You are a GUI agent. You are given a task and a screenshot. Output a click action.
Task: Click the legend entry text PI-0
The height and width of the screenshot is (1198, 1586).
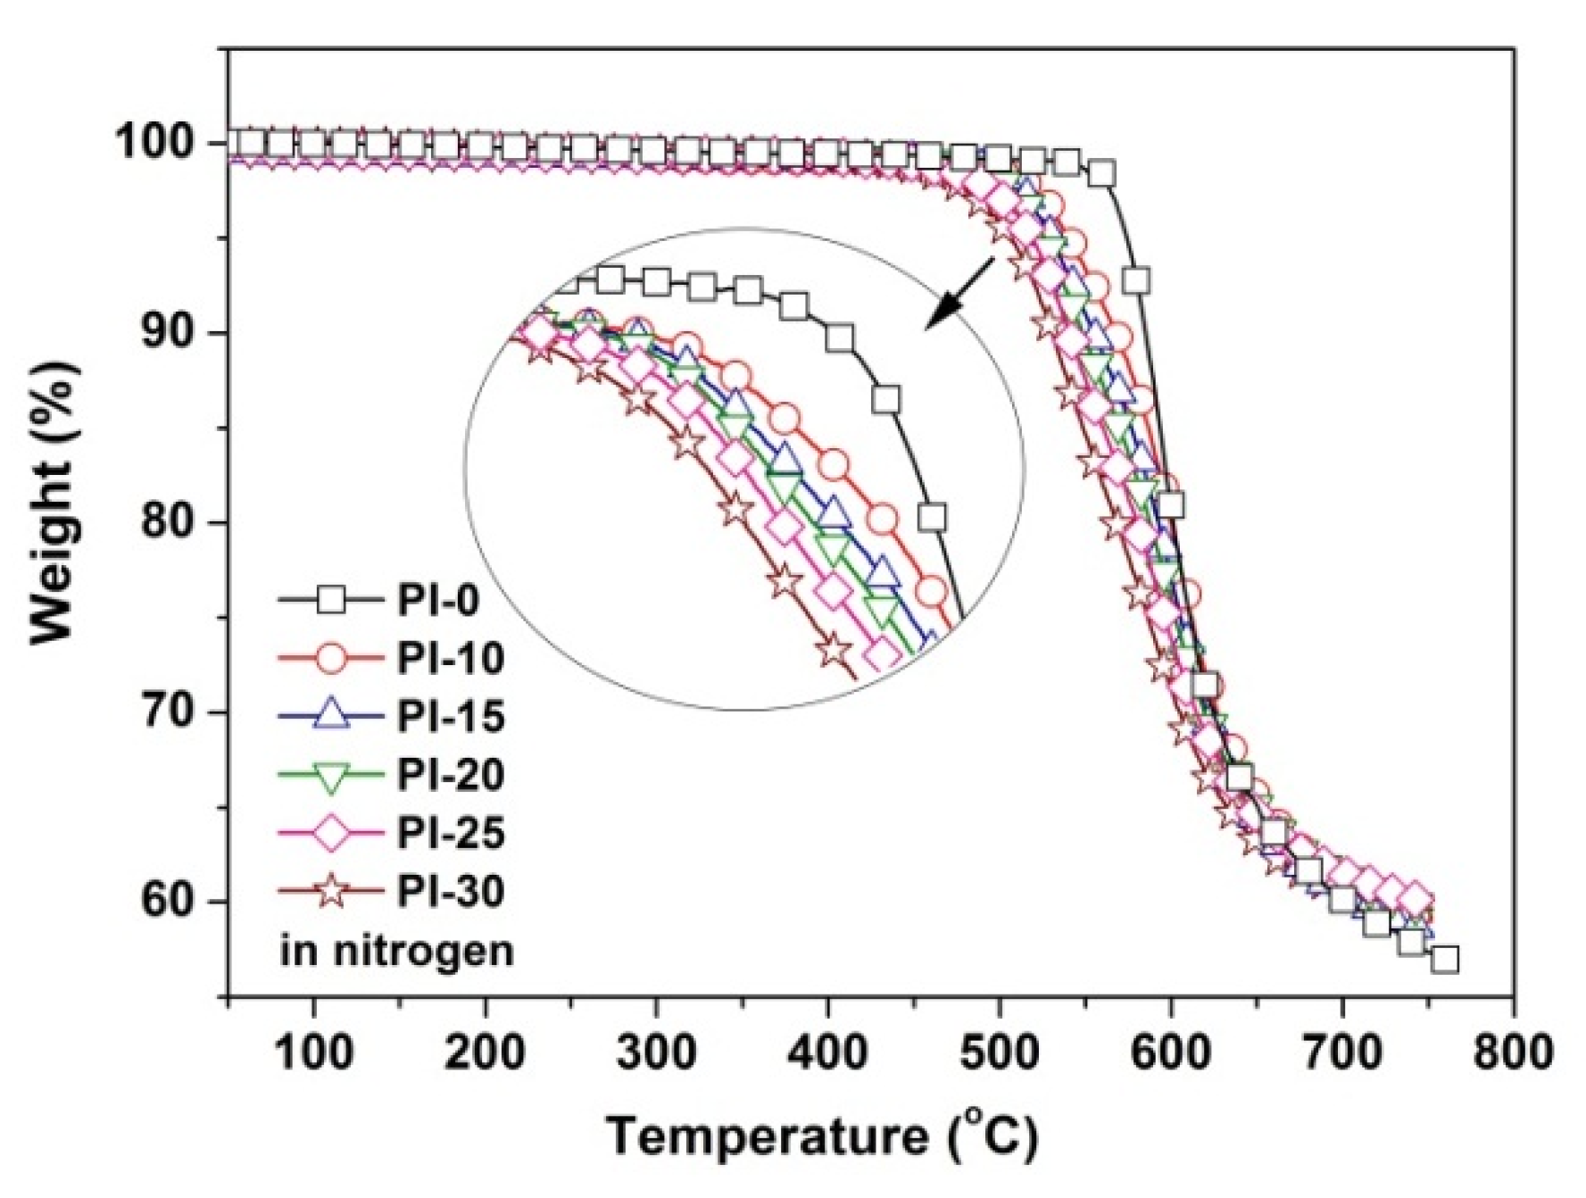click(x=437, y=600)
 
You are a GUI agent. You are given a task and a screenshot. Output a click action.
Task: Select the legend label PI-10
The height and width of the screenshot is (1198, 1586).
click(x=450, y=658)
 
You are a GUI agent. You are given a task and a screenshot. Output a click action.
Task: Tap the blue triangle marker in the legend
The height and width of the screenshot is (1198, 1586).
click(x=331, y=715)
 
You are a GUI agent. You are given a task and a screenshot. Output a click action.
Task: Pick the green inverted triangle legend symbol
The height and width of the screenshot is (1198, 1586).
click(x=331, y=776)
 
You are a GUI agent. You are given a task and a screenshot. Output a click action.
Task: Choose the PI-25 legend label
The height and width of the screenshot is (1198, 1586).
click(x=450, y=833)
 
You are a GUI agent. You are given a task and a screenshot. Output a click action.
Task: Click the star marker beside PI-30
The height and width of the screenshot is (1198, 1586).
click(x=331, y=891)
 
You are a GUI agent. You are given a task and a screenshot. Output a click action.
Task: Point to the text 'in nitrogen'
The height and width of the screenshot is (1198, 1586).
click(x=396, y=951)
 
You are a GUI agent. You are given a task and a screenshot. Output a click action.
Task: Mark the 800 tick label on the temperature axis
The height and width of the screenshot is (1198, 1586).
click(x=1512, y=1053)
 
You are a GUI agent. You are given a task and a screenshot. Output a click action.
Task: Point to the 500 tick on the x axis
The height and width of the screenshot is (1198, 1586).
click(x=999, y=1053)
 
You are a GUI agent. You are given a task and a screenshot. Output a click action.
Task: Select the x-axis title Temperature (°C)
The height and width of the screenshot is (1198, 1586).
click(x=822, y=1137)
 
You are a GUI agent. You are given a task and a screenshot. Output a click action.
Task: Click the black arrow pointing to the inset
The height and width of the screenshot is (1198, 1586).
click(x=960, y=293)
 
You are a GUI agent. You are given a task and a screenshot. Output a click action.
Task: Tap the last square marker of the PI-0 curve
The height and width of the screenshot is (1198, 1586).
click(x=1445, y=960)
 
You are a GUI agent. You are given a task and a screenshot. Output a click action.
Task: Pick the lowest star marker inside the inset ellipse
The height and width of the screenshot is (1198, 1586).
click(x=834, y=649)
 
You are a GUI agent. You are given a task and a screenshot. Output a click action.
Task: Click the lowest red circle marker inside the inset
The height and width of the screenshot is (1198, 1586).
click(x=931, y=591)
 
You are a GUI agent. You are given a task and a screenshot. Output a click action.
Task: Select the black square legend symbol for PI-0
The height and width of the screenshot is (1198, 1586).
click(x=331, y=600)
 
